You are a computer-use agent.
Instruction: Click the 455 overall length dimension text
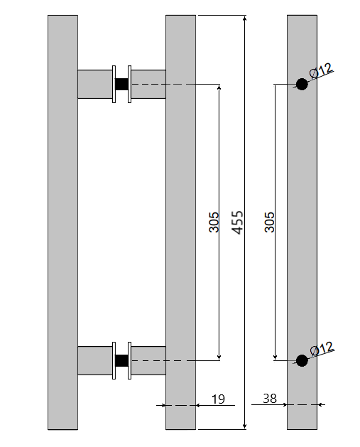pos(238,222)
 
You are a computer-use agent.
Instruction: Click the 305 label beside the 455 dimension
pos(214,222)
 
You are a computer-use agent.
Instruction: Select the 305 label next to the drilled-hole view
pos(269,222)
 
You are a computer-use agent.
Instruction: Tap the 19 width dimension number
pos(218,399)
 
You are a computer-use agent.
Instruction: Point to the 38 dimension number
pos(270,399)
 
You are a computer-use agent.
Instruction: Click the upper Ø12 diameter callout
pos(321,71)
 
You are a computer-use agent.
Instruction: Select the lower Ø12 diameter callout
pos(321,349)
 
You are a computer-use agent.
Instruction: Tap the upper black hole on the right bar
pos(302,85)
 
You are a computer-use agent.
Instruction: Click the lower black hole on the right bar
pos(302,360)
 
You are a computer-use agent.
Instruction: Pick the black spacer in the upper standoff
pos(121,84)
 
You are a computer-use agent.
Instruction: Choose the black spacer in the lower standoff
pos(121,360)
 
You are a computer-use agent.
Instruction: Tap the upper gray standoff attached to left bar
pos(94,84)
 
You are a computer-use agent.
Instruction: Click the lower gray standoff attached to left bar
pos(94,360)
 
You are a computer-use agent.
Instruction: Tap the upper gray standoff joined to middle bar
pos(148,84)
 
